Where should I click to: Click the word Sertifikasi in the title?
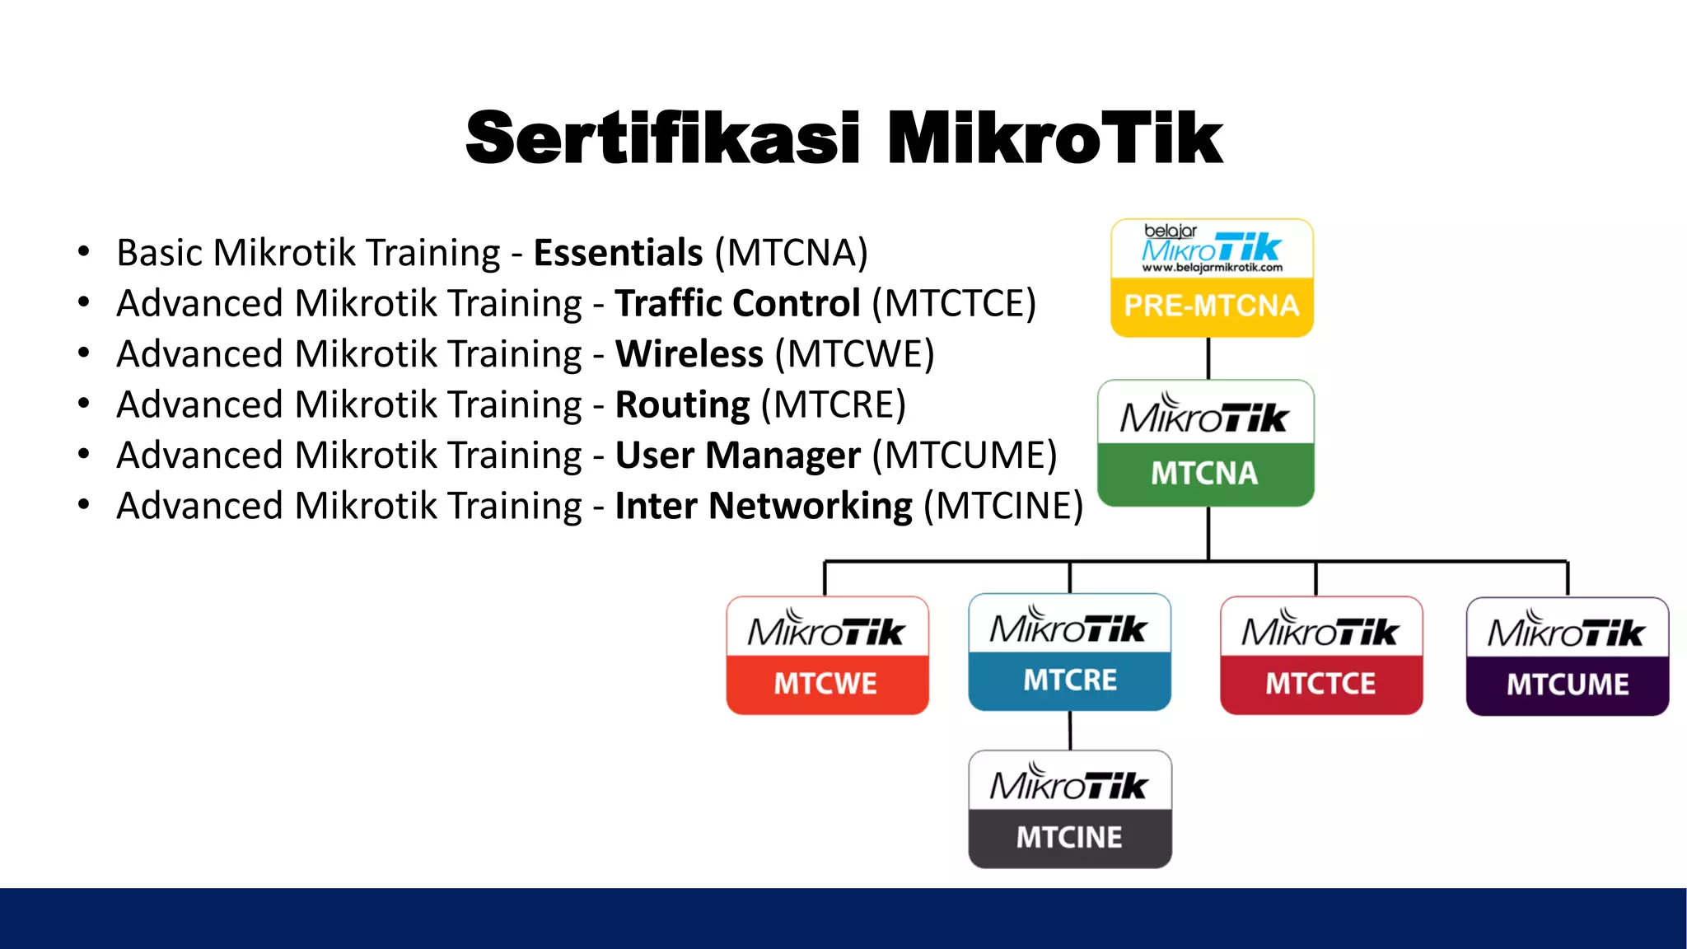point(663,138)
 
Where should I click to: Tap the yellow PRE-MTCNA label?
point(1211,306)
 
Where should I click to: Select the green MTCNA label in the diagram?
point(1204,474)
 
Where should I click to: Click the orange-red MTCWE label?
point(825,684)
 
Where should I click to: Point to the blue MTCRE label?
point(1070,680)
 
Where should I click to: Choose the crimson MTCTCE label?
point(1320,684)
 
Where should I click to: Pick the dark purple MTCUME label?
point(1568,685)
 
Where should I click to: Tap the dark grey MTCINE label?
point(1069,838)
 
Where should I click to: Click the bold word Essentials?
point(618,253)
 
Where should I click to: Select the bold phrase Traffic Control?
point(737,304)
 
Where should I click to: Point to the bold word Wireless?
point(689,354)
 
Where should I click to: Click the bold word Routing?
point(682,405)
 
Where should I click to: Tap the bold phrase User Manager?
point(737,456)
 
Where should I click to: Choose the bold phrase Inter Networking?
point(763,506)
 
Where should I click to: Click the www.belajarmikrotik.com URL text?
point(1212,268)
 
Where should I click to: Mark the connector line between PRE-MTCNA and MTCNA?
point(1208,358)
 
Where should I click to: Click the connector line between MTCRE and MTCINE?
point(1070,730)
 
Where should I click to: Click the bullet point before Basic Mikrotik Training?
point(83,252)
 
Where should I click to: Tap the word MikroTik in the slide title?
point(1054,138)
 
